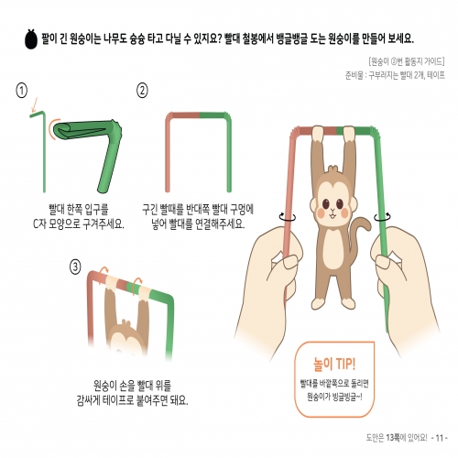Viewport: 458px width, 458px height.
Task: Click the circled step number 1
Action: [20, 90]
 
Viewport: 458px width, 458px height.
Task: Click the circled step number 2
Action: [142, 90]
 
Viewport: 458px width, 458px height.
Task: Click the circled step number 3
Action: [75, 267]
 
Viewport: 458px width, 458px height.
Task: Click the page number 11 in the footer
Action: [439, 438]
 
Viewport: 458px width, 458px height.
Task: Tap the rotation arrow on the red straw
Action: [290, 219]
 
